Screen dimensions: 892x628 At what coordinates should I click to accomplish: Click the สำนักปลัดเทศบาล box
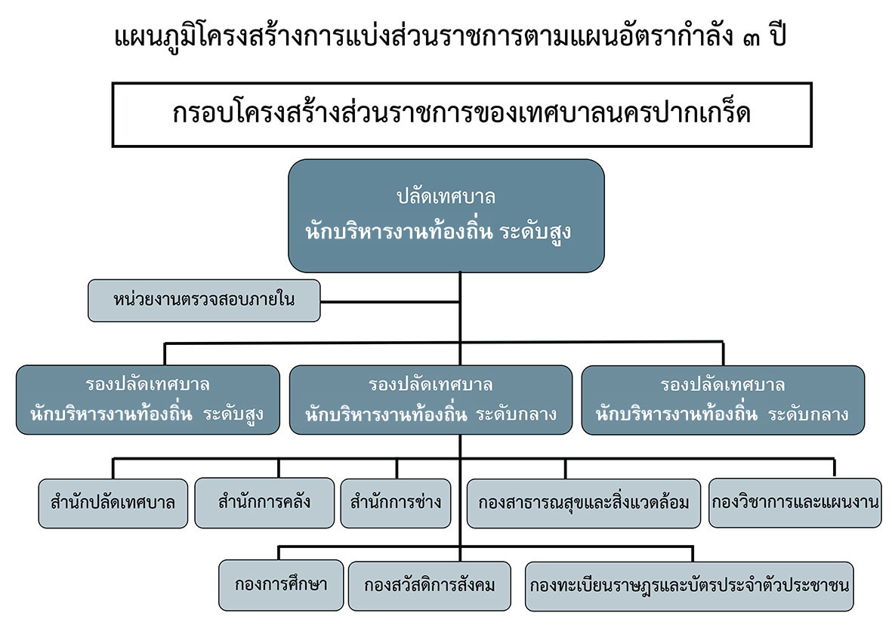pyautogui.click(x=113, y=503)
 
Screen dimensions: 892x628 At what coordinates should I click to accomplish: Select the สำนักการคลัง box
pyautogui.click(x=264, y=503)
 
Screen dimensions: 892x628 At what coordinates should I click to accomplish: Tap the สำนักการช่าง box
pyautogui.click(x=395, y=503)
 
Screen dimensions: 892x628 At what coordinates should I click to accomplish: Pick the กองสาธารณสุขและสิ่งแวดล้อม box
pyautogui.click(x=583, y=503)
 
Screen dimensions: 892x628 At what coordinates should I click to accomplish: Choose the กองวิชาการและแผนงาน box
pyautogui.click(x=795, y=503)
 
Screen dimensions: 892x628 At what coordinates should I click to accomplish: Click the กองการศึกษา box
pyautogui.click(x=280, y=586)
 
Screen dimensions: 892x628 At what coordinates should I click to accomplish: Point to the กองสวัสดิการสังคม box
pyautogui.click(x=430, y=586)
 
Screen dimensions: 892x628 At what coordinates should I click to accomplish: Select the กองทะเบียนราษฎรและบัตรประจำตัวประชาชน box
pyautogui.click(x=689, y=586)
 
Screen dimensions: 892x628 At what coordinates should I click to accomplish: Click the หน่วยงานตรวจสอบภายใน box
pyautogui.click(x=204, y=300)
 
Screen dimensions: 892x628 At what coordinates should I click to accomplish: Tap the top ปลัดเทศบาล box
pyautogui.click(x=446, y=216)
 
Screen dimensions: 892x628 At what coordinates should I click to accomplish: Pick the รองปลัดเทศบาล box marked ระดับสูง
pyautogui.click(x=148, y=400)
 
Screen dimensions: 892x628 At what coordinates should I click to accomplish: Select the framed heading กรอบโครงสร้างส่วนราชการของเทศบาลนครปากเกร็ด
pyautogui.click(x=461, y=115)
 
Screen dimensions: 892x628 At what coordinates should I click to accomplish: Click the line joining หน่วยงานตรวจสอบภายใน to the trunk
pyautogui.click(x=390, y=301)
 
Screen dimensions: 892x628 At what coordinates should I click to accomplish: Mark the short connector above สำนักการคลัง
pyautogui.click(x=279, y=468)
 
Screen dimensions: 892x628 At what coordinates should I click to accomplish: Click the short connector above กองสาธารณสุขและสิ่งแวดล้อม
pyautogui.click(x=566, y=469)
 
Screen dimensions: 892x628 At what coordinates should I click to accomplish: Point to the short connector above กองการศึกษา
pyautogui.click(x=279, y=553)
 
